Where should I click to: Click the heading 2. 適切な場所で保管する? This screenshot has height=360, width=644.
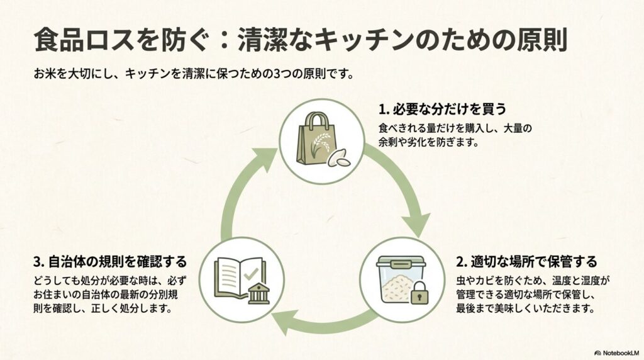click(526, 261)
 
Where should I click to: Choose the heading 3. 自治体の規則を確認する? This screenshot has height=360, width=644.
click(111, 260)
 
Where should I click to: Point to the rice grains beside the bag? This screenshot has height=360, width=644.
click(339, 159)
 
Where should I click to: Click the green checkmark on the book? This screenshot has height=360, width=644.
click(251, 274)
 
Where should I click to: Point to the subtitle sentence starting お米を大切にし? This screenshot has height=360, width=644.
click(192, 74)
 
